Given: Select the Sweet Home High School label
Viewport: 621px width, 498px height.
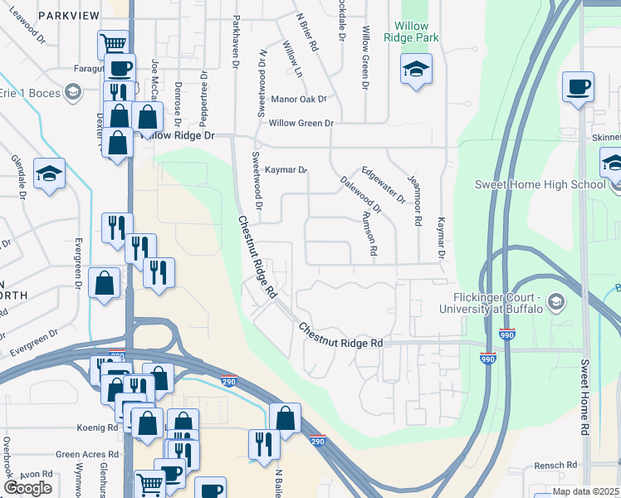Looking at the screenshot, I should tap(539, 184).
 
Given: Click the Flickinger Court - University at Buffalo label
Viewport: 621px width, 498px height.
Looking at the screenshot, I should tap(497, 303).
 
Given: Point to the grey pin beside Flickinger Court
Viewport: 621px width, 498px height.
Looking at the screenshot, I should tap(557, 303).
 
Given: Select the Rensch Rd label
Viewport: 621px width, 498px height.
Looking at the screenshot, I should tap(555, 465).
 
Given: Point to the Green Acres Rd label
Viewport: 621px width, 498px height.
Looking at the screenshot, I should tap(83, 455).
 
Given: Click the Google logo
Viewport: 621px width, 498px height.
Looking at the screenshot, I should tap(27, 488).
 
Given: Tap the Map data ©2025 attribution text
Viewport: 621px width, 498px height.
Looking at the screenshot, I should tap(585, 491).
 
